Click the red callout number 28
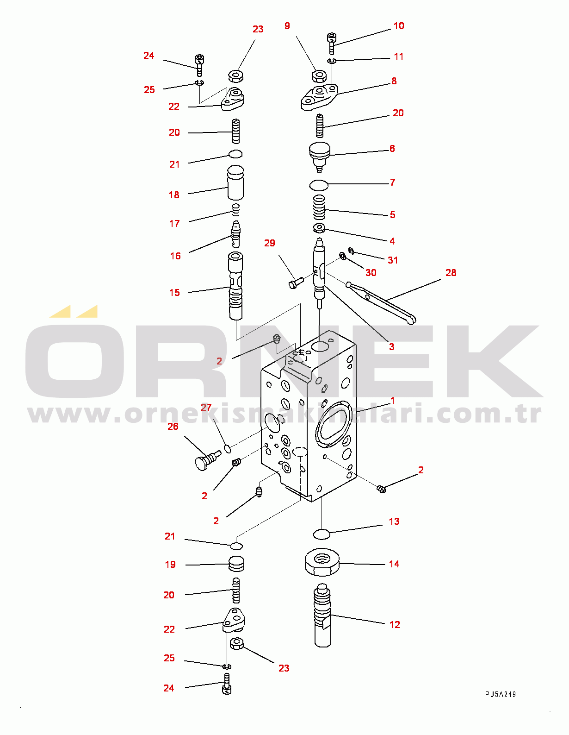point(451,273)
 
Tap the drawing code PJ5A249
point(501,694)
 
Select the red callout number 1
point(392,401)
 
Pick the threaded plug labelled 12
point(322,615)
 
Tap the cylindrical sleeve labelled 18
point(235,182)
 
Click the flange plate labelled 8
point(319,97)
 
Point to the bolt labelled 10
point(332,43)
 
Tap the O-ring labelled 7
point(319,185)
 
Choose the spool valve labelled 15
point(236,286)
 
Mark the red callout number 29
point(270,243)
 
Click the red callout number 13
point(394,521)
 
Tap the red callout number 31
point(392,260)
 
